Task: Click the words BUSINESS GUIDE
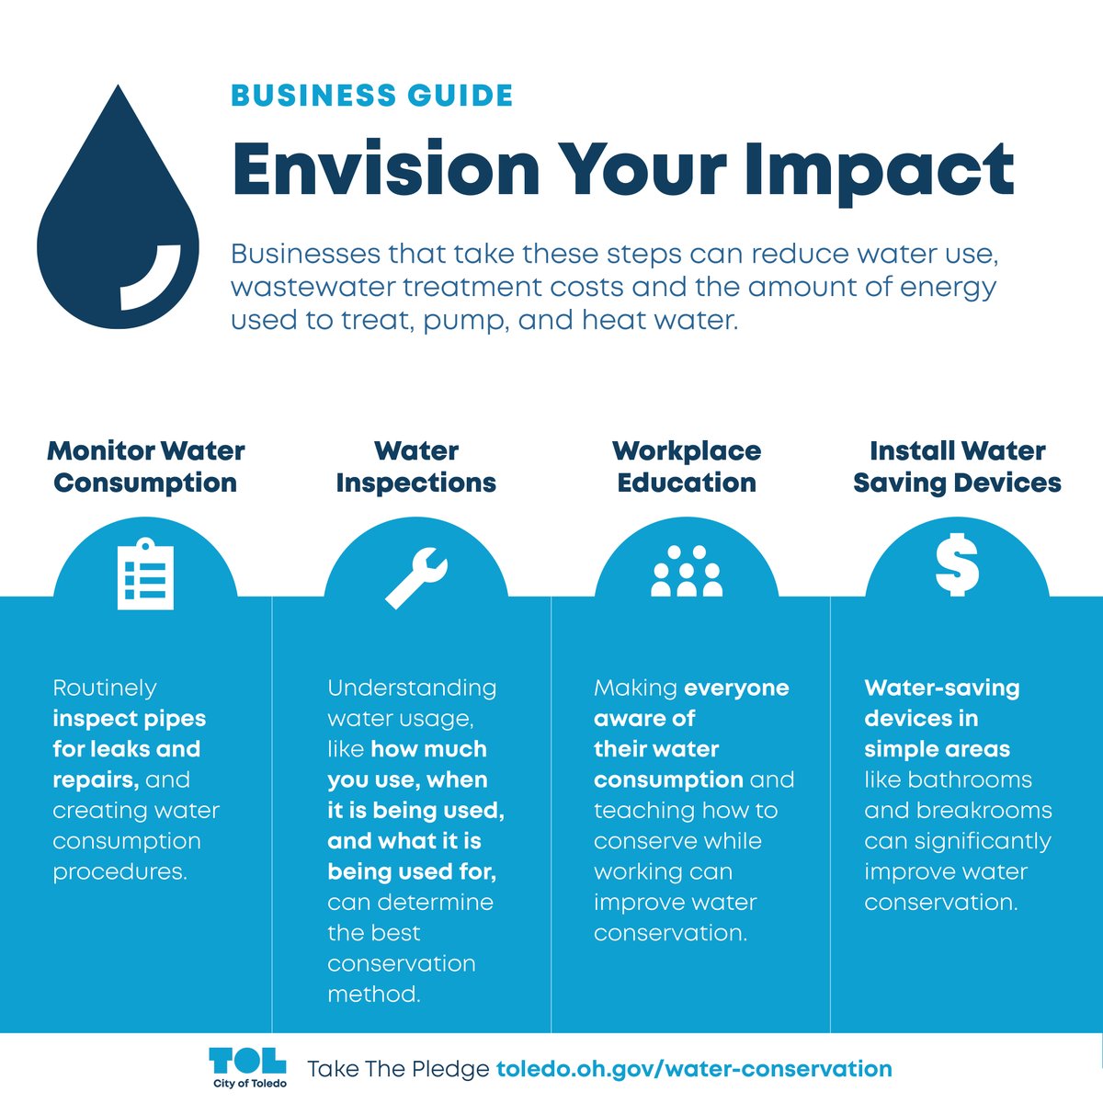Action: [371, 96]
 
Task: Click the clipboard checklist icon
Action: [145, 574]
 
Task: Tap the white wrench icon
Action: [415, 576]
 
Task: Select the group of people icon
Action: [687, 572]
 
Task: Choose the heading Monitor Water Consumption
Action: [145, 467]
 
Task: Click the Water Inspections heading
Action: [415, 467]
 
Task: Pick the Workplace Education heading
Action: [687, 467]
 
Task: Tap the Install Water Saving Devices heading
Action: [957, 467]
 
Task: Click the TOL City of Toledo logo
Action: [248, 1067]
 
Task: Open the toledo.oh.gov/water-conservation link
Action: [694, 1069]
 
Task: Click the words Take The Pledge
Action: [398, 1069]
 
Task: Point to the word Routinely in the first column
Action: [105, 688]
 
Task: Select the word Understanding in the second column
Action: [412, 688]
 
